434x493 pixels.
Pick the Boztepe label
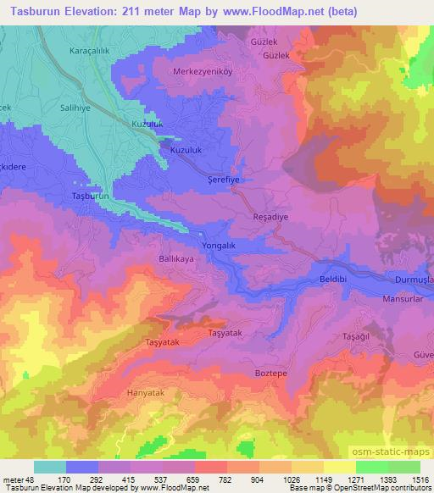[x=271, y=371]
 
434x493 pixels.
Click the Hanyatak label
[x=144, y=393]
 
